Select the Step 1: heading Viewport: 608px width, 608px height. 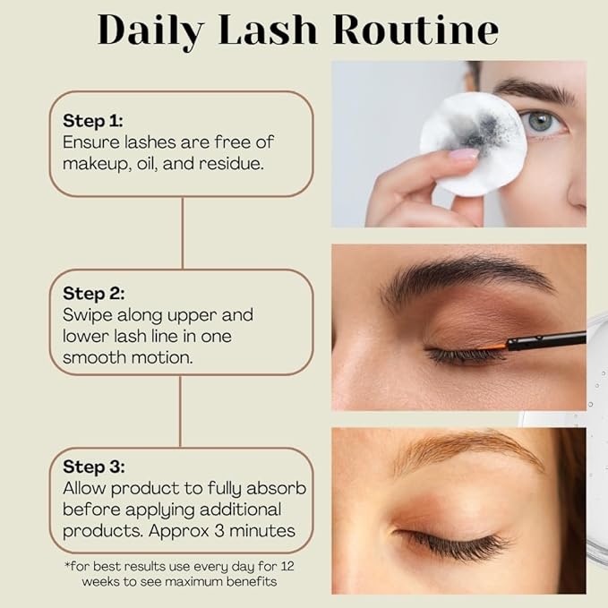point(93,120)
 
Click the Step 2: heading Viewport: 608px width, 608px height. point(93,293)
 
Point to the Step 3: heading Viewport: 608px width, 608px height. point(93,467)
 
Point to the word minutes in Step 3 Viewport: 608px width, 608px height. point(263,531)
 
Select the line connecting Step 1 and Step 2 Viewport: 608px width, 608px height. point(182,233)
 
